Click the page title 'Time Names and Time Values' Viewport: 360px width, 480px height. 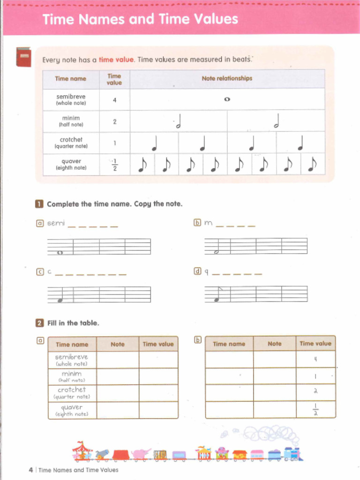click(140, 19)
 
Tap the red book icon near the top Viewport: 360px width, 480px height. click(23, 57)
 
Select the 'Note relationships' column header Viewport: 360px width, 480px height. click(227, 78)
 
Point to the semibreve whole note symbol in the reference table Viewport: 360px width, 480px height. click(227, 99)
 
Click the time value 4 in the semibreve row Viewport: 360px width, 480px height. click(114, 99)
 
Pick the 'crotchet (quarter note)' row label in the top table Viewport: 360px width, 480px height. click(71, 143)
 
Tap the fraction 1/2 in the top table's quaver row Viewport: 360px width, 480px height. click(114, 165)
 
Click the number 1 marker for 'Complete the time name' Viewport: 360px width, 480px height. click(39, 204)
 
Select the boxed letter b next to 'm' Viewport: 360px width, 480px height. click(197, 223)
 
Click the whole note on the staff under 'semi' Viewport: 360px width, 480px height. click(60, 252)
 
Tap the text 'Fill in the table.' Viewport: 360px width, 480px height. click(73, 323)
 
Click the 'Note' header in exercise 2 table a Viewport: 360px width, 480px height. click(118, 344)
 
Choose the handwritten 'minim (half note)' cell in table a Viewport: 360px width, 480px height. click(72, 376)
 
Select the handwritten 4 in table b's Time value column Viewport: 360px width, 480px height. click(315, 359)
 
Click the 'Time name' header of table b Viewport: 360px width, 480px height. click(229, 344)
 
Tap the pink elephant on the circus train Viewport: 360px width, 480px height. click(141, 454)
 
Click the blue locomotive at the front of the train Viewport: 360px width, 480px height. click(292, 453)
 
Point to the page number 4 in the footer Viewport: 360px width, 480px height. click(30, 470)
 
